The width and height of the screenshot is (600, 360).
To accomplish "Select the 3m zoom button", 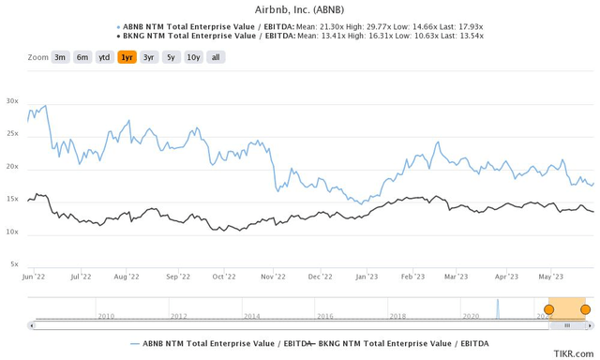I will click(x=59, y=57).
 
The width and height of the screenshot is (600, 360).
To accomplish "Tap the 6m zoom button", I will click(x=82, y=57).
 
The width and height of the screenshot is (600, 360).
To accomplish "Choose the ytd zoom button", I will click(x=105, y=57).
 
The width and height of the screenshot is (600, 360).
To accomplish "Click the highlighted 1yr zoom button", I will click(x=127, y=57).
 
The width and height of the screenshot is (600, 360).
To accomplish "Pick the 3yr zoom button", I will click(x=148, y=57).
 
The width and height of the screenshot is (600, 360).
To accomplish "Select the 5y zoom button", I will click(x=170, y=57).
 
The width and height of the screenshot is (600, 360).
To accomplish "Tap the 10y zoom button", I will click(x=192, y=57).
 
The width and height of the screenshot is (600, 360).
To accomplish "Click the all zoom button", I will click(x=215, y=57).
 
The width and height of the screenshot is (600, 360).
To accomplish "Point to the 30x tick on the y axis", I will click(x=12, y=101).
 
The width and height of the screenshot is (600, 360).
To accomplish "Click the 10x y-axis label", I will click(x=12, y=232).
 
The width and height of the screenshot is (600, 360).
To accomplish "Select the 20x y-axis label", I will click(x=12, y=167).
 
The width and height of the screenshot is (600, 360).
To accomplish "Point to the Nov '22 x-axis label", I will click(x=273, y=277).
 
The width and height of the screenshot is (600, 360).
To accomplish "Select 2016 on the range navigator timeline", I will click(x=323, y=317).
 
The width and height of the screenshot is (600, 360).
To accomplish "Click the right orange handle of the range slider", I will click(x=585, y=308).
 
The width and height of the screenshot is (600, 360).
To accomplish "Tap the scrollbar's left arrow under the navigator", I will click(x=32, y=325).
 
